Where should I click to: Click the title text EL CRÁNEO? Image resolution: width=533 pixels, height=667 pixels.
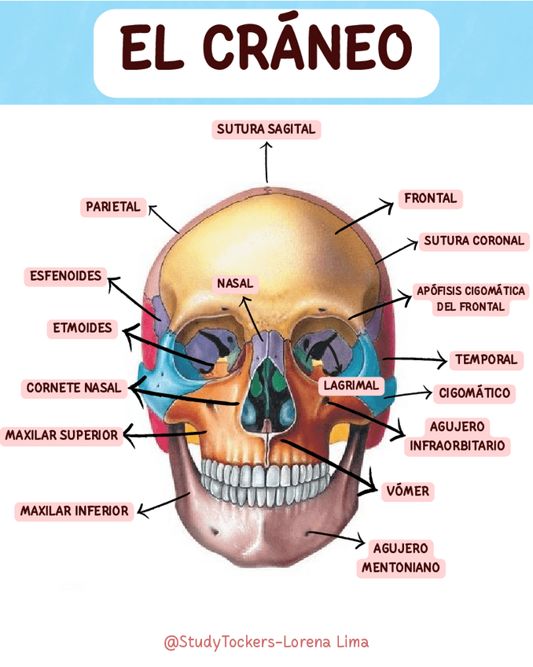tap(266, 49)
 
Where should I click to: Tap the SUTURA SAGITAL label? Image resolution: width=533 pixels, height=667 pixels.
tap(266, 129)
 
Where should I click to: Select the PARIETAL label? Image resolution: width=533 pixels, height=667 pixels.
tap(112, 207)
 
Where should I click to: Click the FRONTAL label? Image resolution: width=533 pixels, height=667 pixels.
tap(430, 198)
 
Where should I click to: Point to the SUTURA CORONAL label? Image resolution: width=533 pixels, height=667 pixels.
tap(473, 241)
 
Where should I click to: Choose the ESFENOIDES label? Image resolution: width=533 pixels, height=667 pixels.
tap(66, 276)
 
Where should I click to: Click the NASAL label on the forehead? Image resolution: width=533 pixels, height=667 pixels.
tap(236, 283)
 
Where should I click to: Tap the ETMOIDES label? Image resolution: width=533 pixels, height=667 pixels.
tap(83, 328)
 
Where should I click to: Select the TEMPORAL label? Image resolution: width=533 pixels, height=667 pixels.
tap(486, 359)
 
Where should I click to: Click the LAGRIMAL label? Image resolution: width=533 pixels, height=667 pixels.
tap(351, 385)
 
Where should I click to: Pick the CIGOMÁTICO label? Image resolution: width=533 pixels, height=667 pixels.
tap(474, 392)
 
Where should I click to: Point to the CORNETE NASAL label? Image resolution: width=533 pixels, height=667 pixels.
tap(74, 388)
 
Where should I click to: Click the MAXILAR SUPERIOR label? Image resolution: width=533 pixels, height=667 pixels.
tap(61, 435)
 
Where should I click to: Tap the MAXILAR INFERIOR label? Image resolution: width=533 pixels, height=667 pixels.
tap(74, 511)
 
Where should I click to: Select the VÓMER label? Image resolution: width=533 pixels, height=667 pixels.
tap(408, 492)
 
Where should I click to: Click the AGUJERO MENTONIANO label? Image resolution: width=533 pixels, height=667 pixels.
tap(401, 558)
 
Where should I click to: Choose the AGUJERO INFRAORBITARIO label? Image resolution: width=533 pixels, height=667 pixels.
tap(458, 437)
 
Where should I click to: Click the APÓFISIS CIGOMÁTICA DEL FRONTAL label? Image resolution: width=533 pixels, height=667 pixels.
tap(470, 299)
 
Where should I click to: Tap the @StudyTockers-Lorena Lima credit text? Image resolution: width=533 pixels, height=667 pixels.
tap(266, 642)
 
